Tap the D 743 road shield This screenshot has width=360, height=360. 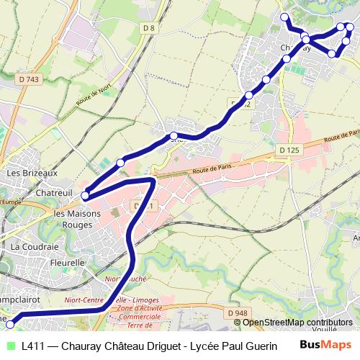[x=29, y=79]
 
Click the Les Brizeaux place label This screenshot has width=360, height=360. [x=31, y=173]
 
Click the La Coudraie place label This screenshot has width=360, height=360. [x=34, y=246]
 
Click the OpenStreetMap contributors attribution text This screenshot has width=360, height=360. [x=297, y=323]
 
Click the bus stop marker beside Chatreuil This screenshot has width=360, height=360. [x=85, y=195]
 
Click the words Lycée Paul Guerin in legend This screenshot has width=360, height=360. [x=233, y=346]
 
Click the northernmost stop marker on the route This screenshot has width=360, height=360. [x=284, y=17]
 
